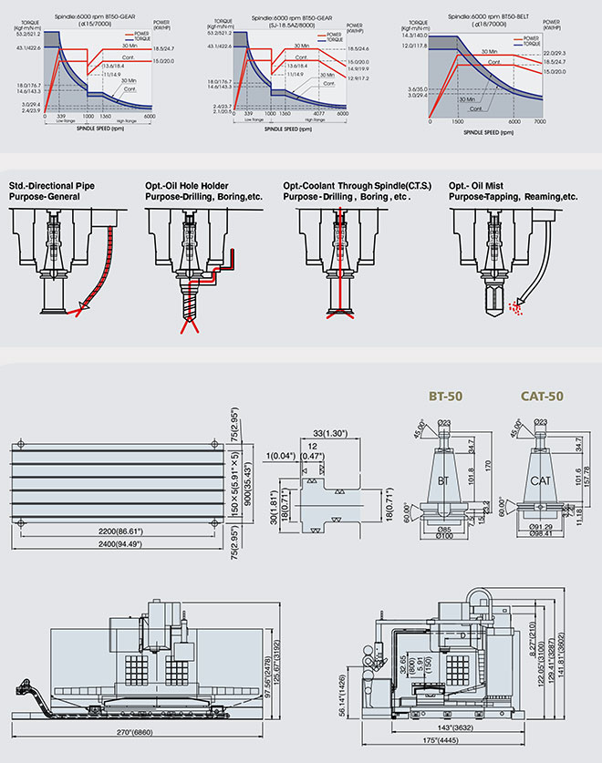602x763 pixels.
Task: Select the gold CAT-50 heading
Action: point(543,397)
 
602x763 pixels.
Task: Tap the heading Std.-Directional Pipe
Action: point(52,186)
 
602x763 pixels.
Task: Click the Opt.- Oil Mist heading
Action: point(487,186)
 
